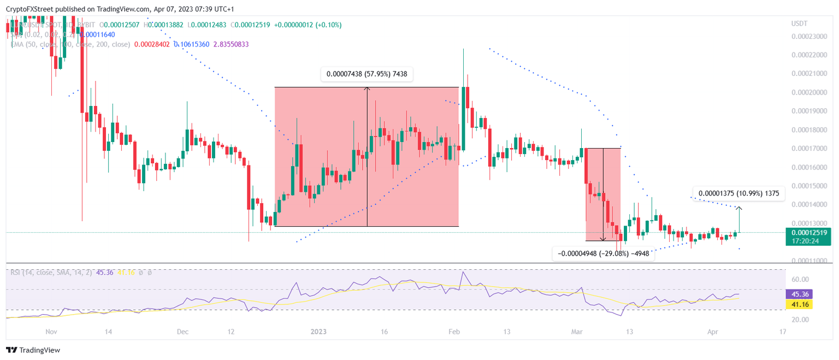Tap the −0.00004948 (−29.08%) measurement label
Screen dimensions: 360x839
click(603, 253)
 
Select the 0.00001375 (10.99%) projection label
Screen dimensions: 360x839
click(737, 193)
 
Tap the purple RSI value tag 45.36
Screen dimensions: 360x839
click(799, 294)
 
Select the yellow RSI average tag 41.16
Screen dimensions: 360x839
click(799, 304)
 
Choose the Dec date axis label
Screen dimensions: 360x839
click(182, 332)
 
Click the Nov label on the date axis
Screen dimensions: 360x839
click(51, 332)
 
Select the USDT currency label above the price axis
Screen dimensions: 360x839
click(800, 23)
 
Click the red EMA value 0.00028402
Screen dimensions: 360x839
click(152, 44)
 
